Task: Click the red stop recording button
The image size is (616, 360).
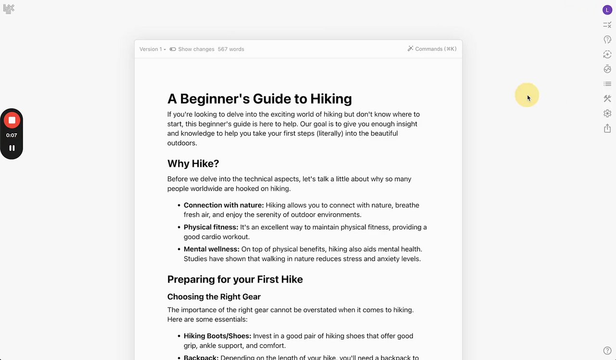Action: coord(12,120)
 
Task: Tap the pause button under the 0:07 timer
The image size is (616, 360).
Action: coord(12,148)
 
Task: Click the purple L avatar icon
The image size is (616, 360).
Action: coord(607,10)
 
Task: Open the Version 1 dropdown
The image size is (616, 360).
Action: coord(153,49)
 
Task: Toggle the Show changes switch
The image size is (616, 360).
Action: coord(173,49)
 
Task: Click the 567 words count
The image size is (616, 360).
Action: coord(231,49)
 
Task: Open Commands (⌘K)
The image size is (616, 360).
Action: coord(432,49)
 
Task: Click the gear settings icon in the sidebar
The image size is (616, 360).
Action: coord(607,114)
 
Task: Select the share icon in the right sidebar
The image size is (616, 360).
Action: coord(607,128)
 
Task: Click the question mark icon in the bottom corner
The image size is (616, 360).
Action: coord(607,351)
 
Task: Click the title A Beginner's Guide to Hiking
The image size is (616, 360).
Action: coord(259,99)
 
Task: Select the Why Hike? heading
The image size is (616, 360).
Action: coord(193,164)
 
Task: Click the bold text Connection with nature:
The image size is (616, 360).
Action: coord(224,205)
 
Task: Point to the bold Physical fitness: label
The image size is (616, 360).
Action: coord(211,227)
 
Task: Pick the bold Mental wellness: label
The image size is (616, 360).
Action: coord(211,249)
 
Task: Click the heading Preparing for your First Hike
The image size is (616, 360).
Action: coord(235,280)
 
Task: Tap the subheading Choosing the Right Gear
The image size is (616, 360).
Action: coord(214,296)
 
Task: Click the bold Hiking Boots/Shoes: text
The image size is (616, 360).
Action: coord(217,336)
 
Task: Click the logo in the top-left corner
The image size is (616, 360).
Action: coord(9,9)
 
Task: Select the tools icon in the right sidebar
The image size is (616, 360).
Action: coord(607,99)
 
